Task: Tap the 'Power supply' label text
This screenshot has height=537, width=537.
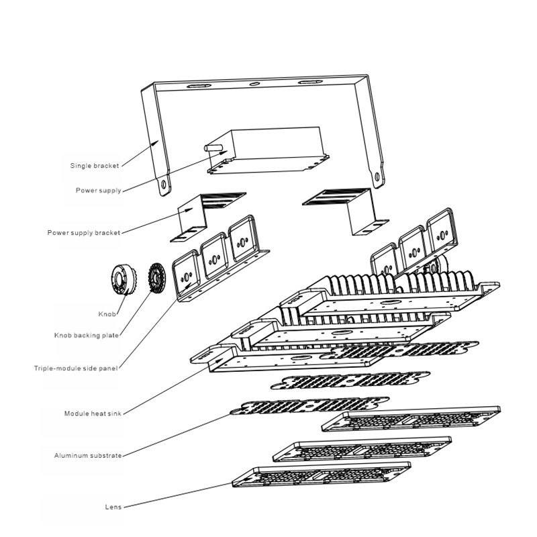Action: pyautogui.click(x=98, y=191)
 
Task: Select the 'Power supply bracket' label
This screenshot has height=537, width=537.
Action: pyautogui.click(x=84, y=233)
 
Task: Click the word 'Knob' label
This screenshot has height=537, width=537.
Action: pyautogui.click(x=107, y=313)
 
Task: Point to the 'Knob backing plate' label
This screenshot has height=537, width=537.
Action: pyautogui.click(x=87, y=335)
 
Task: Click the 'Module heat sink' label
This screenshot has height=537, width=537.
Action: pyautogui.click(x=93, y=413)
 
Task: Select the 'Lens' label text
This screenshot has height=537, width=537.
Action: pyautogui.click(x=113, y=507)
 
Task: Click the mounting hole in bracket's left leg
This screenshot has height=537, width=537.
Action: pyautogui.click(x=163, y=182)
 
